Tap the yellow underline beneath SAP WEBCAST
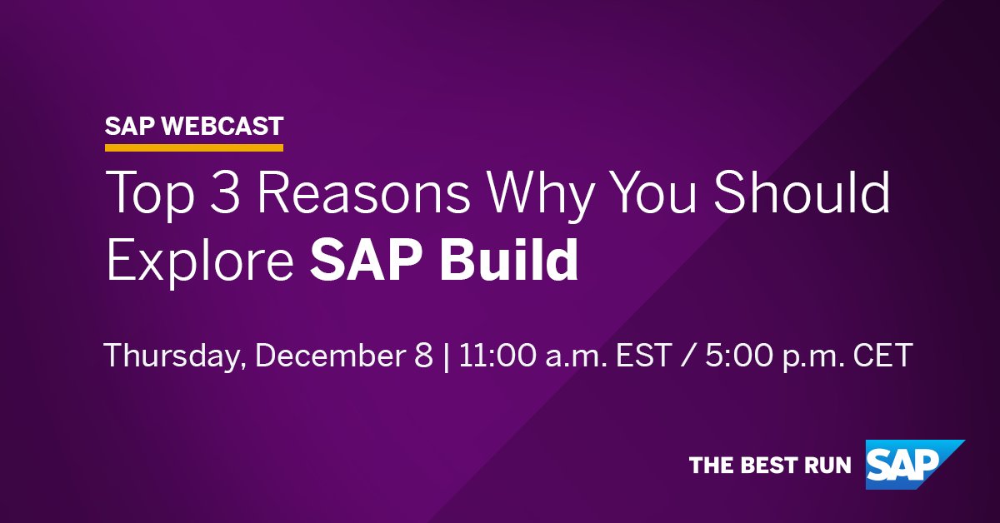pyautogui.click(x=194, y=148)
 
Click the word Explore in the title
pyautogui.click(x=200, y=261)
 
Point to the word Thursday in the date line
pyautogui.click(x=175, y=357)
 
